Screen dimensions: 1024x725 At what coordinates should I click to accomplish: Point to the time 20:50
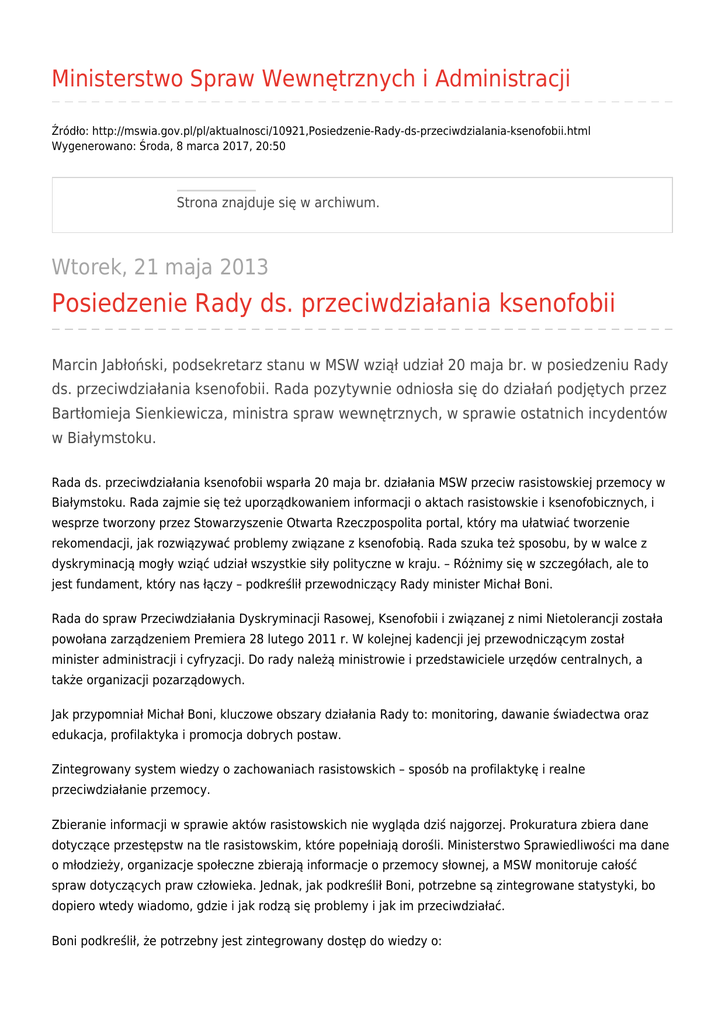click(269, 146)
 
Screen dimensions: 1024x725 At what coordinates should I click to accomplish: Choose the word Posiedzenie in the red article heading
click(119, 303)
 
